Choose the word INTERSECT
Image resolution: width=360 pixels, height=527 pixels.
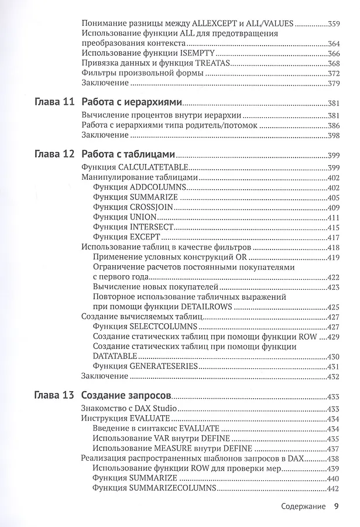click(153, 227)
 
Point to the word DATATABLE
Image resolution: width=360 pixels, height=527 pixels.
click(115, 356)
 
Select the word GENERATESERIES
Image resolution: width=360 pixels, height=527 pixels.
click(164, 365)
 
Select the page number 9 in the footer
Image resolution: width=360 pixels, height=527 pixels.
click(336, 507)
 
